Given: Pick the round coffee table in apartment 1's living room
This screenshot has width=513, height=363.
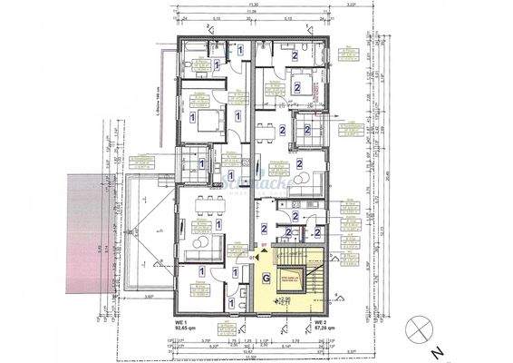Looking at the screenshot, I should tap(206, 241).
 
